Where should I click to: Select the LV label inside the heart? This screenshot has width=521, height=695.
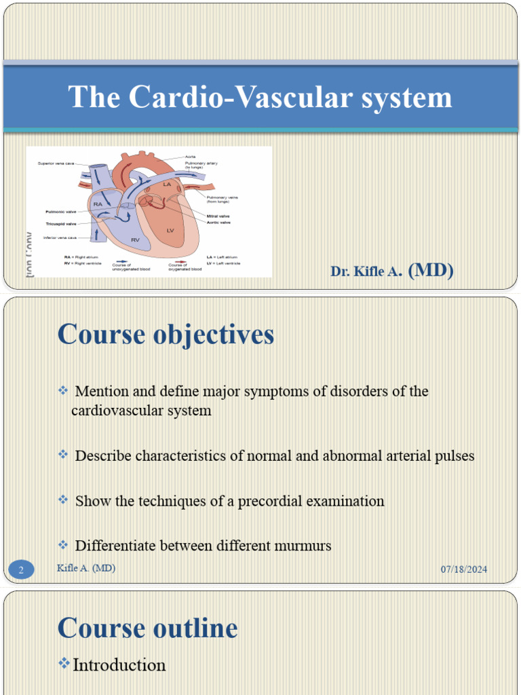tap(170, 231)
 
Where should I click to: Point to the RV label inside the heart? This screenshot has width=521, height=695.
tap(135, 240)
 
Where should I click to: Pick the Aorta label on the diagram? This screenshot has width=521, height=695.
tap(191, 157)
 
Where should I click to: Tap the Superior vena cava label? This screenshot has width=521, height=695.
tap(56, 164)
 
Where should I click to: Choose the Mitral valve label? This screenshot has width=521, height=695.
tap(218, 216)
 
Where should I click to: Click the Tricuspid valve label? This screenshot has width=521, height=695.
tap(61, 223)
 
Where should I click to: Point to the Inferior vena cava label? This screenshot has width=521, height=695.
tap(60, 238)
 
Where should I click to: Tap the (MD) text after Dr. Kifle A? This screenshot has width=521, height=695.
tap(431, 271)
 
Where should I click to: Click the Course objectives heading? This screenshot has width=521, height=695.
tap(166, 334)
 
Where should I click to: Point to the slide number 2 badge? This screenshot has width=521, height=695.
tap(21, 570)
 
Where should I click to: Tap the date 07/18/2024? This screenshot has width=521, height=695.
tap(464, 569)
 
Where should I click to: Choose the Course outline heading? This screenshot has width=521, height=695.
tap(147, 628)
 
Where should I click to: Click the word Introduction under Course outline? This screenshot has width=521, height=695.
tap(119, 665)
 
